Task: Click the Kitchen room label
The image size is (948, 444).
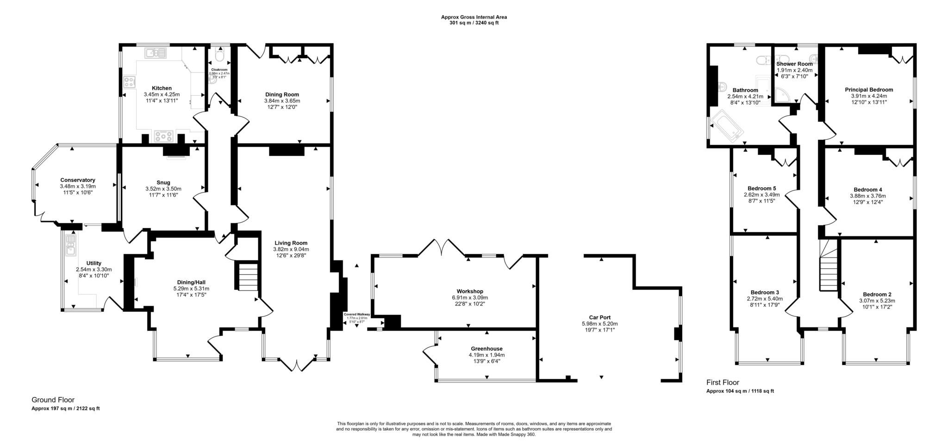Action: pyautogui.click(x=162, y=88)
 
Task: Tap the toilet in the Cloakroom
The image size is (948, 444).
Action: pyautogui.click(x=219, y=56)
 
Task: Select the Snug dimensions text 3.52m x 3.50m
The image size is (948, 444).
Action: pyautogui.click(x=163, y=189)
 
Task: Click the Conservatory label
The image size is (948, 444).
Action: pyautogui.click(x=78, y=180)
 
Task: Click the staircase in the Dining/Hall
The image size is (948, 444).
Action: pyautogui.click(x=248, y=277)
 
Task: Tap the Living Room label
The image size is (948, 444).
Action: pyautogui.click(x=291, y=243)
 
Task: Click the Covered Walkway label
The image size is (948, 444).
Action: pyautogui.click(x=356, y=314)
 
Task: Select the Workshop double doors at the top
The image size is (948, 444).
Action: pyautogui.click(x=442, y=247)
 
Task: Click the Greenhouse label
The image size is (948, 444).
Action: pyautogui.click(x=486, y=349)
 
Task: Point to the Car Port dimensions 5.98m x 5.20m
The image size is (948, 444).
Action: pyautogui.click(x=599, y=324)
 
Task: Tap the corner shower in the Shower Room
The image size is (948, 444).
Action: pyautogui.click(x=782, y=95)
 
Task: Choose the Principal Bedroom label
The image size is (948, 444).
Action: pyautogui.click(x=869, y=90)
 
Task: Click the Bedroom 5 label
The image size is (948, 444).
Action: pyautogui.click(x=761, y=188)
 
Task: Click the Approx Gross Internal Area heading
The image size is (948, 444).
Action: pyautogui.click(x=474, y=17)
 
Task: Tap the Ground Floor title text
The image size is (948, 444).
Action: pyautogui.click(x=53, y=400)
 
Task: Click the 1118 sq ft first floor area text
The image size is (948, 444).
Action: pyautogui.click(x=762, y=391)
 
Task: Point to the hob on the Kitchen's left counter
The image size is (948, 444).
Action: pyautogui.click(x=129, y=83)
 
